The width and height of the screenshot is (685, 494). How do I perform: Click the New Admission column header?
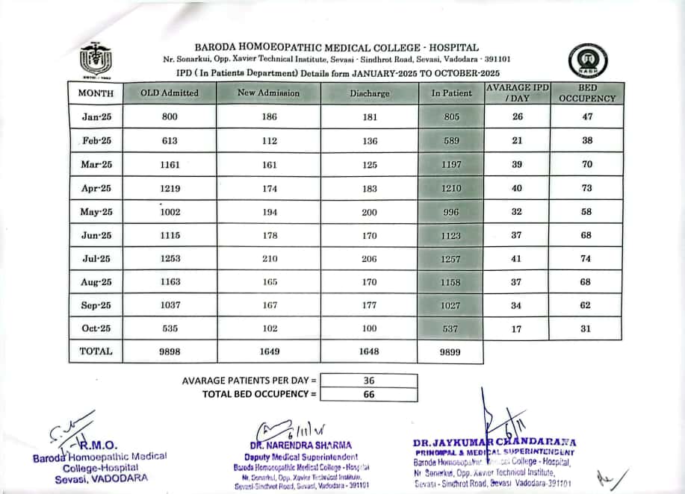point(268,93)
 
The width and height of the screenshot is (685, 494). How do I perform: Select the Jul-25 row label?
point(96,258)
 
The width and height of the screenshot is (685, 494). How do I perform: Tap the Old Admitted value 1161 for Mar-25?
point(170,164)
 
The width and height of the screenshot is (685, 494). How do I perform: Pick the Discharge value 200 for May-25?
point(369,212)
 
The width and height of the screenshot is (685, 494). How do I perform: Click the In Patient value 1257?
point(451,258)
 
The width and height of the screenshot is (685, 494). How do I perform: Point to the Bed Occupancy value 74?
point(586,258)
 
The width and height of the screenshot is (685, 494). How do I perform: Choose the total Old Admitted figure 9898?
point(170,351)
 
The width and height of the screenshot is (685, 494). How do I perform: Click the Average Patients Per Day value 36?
point(369,381)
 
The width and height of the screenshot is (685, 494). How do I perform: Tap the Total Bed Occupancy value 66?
point(369,394)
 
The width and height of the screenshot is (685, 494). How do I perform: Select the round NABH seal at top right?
point(587,60)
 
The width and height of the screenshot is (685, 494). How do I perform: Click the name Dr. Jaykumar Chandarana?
point(494,443)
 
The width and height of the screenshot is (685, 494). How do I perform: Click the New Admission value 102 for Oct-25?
point(270,328)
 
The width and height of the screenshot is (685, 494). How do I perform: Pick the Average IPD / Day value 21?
point(517,141)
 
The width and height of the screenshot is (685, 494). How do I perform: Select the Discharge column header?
point(369,93)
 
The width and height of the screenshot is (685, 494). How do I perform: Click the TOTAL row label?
point(96,351)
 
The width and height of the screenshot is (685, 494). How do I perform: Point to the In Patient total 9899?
point(451,351)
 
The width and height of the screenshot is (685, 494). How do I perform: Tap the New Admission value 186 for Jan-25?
point(270,117)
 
